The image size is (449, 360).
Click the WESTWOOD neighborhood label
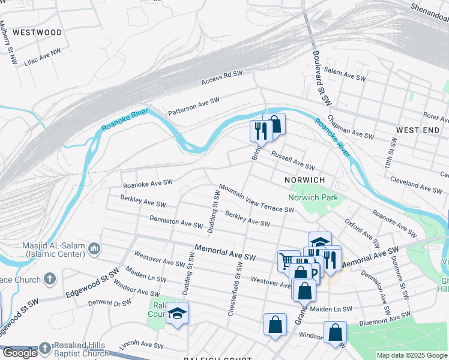click(x=37, y=32)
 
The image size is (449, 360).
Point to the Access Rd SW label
click(x=222, y=77)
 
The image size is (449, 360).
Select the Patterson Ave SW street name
click(x=194, y=107)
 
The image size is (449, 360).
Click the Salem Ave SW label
click(x=345, y=74)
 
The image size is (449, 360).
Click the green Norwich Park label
click(x=313, y=197)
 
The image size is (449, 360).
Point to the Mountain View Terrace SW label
click(x=256, y=199)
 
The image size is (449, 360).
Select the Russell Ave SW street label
click(x=293, y=160)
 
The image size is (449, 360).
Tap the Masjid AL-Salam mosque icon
click(x=94, y=248)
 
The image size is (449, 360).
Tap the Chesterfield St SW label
click(x=234, y=289)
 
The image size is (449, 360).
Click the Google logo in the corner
click(x=20, y=352)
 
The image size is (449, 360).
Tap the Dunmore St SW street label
click(x=400, y=277)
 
